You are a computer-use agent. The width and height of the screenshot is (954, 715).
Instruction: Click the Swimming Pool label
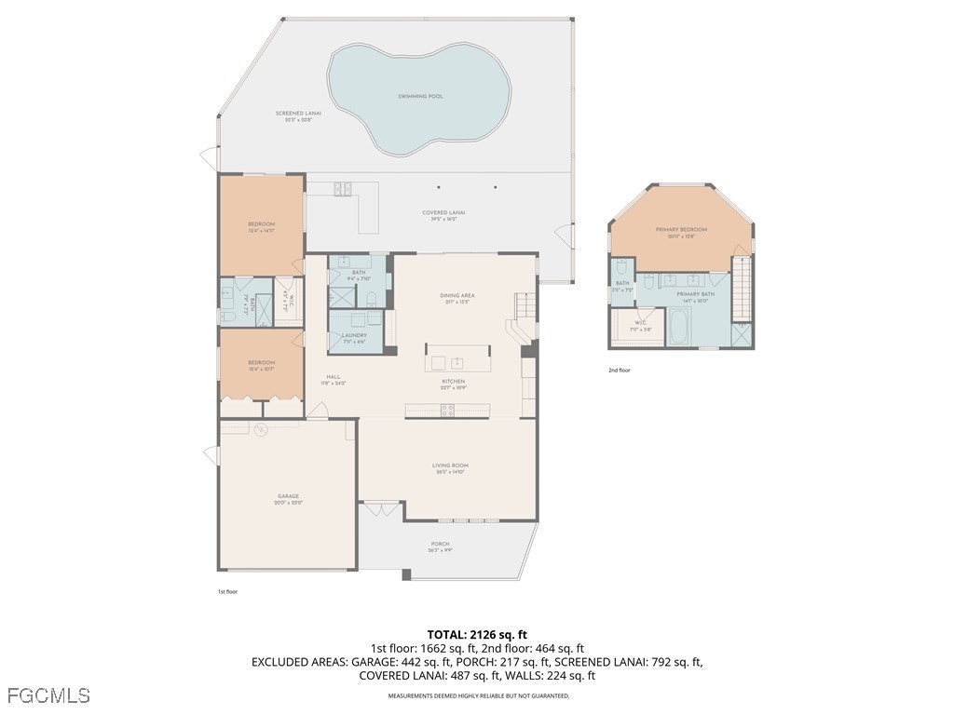(x=420, y=96)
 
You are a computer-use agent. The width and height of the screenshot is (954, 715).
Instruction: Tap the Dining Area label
(x=457, y=296)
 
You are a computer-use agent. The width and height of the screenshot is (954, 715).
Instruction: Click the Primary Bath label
(x=696, y=294)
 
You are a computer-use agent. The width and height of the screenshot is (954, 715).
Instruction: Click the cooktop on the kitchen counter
(x=447, y=409)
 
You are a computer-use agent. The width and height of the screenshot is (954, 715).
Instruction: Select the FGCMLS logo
(x=48, y=695)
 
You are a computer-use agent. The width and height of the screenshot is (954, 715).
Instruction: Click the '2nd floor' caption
(x=620, y=371)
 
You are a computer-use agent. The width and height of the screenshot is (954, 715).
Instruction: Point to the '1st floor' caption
(x=228, y=591)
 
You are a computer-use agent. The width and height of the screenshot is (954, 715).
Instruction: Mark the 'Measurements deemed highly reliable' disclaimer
(x=479, y=695)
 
